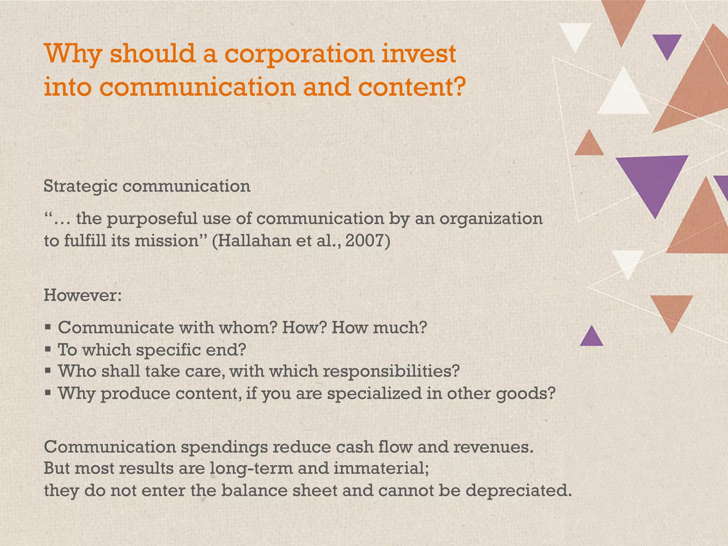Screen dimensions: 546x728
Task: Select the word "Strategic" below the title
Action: tap(80, 186)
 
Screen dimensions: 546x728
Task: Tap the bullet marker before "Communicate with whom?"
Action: tap(48, 327)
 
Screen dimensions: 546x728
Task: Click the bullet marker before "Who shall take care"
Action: tap(48, 371)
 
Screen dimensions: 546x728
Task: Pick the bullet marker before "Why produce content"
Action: tap(48, 393)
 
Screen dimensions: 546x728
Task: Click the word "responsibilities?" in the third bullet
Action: tap(391, 371)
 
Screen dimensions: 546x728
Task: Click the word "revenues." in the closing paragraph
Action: tap(493, 447)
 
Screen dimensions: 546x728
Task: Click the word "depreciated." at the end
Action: tap(519, 491)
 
